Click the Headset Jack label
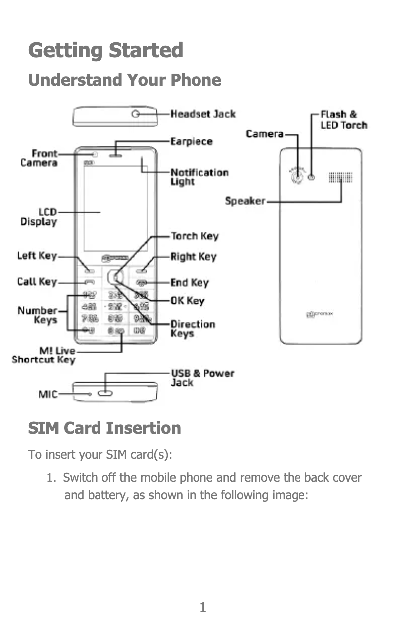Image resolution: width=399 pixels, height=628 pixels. (x=203, y=114)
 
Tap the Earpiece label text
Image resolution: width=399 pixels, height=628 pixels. (x=192, y=142)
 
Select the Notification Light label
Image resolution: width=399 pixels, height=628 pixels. (x=199, y=177)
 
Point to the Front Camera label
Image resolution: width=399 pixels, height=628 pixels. (x=39, y=158)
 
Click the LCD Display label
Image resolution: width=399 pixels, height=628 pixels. (x=39, y=217)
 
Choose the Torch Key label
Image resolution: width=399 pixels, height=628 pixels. (x=195, y=236)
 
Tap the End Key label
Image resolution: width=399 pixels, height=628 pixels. (x=190, y=283)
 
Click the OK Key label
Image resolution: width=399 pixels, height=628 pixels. (x=188, y=301)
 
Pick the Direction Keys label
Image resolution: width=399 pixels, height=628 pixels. (x=193, y=329)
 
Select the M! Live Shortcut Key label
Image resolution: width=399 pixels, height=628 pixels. (x=44, y=356)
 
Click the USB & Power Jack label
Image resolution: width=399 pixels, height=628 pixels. (x=202, y=378)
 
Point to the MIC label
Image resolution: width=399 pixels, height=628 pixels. (x=48, y=394)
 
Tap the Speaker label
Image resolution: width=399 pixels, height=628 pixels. (x=245, y=201)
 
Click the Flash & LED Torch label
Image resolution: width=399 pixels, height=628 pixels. (x=344, y=120)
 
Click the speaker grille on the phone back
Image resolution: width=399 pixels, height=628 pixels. (x=341, y=178)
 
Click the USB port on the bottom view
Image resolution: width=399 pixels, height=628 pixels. (x=105, y=394)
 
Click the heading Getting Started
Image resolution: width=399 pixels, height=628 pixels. (x=106, y=50)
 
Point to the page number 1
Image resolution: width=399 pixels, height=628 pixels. (x=202, y=607)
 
